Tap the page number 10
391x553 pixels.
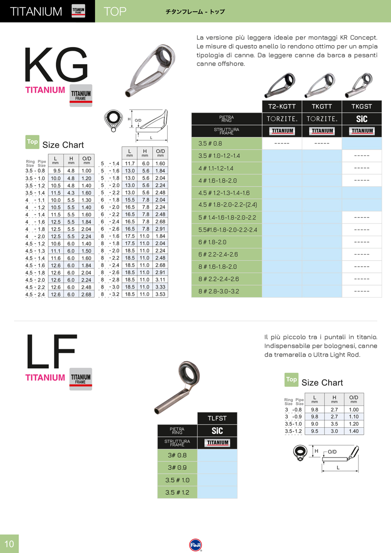click(x=9, y=544)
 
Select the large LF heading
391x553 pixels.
click(x=51, y=351)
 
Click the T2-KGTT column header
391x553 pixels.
click(x=282, y=106)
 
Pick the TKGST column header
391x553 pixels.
click(x=362, y=106)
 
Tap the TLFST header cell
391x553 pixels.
click(x=217, y=418)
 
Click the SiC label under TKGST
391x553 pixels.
click(x=362, y=119)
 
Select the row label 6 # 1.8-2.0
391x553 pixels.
click(x=213, y=242)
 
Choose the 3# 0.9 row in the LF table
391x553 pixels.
click(x=177, y=467)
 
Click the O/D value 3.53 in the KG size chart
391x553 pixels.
click(x=160, y=294)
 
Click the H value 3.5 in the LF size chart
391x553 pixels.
click(x=334, y=424)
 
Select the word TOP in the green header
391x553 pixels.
click(x=115, y=11)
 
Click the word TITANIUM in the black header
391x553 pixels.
click(x=36, y=11)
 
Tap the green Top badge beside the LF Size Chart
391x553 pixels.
click(x=291, y=379)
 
